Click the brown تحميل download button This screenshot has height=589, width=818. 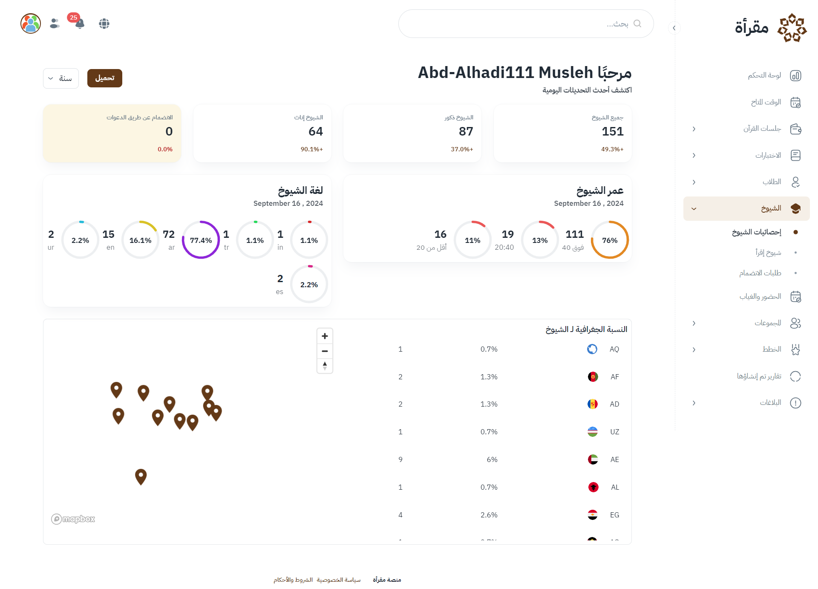[x=104, y=78]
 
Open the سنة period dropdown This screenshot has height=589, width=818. [x=60, y=78]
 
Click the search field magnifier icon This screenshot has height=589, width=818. [x=637, y=23]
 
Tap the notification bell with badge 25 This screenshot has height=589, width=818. [x=79, y=23]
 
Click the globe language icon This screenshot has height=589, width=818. [x=104, y=23]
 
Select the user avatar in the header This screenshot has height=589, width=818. [x=31, y=23]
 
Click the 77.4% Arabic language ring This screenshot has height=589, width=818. [x=201, y=240]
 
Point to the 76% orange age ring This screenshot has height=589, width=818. [x=610, y=240]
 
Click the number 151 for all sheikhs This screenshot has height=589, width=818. [x=612, y=131]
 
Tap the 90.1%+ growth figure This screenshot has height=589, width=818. [x=311, y=149]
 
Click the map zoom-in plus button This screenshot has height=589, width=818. [x=325, y=336]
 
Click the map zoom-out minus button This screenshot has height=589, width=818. [x=325, y=351]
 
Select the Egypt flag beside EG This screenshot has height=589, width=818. [x=592, y=515]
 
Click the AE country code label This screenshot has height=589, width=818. [x=614, y=459]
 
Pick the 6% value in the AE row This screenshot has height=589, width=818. [x=492, y=459]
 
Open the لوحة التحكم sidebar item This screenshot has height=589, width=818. [x=764, y=75]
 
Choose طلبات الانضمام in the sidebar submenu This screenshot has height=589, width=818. [x=760, y=273]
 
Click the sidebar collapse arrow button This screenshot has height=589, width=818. [x=674, y=28]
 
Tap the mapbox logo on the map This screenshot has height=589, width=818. [x=73, y=519]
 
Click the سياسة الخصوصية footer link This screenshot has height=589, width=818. [x=339, y=580]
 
